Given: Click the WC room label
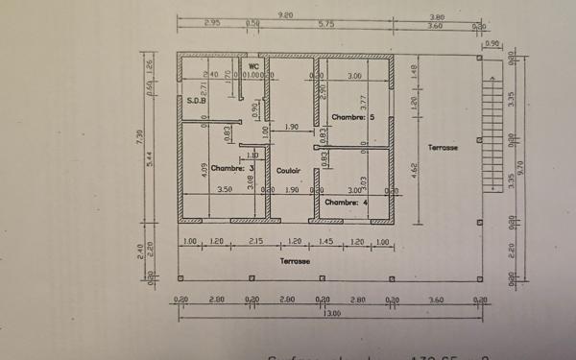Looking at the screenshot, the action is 254,65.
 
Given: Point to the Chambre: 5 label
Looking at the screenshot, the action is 352,117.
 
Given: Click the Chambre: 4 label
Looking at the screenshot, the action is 346,203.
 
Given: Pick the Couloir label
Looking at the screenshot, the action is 289,171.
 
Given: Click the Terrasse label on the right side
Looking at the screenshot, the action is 443,148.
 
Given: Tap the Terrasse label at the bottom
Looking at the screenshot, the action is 295,260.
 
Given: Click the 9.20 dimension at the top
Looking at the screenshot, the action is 285,15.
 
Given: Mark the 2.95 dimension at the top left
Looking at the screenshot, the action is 212,24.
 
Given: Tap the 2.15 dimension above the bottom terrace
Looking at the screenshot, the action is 255,240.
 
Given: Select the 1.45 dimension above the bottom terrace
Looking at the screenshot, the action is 325,240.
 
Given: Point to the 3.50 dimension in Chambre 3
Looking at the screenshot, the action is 225,190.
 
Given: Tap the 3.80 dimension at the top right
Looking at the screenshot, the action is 437,16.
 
